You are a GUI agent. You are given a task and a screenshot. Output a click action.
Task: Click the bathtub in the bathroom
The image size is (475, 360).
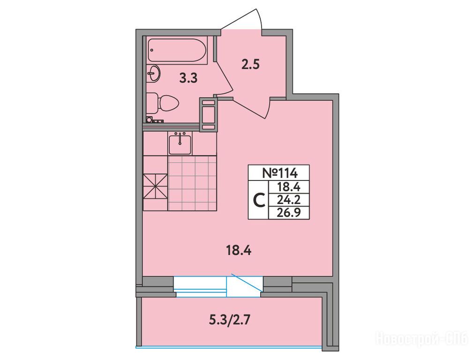pyautogui.click(x=178, y=51)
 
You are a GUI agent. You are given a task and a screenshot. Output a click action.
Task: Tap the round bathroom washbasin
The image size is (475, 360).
pyautogui.click(x=154, y=73)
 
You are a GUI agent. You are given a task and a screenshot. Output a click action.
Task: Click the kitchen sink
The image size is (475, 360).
pyautogui.click(x=180, y=143)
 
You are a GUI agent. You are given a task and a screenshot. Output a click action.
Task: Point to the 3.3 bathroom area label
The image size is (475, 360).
pyautogui.click(x=188, y=78)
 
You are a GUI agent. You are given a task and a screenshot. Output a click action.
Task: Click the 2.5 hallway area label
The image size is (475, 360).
pyautogui.click(x=250, y=65)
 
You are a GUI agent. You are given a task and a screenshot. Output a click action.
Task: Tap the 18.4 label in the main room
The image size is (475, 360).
pyautogui.click(x=239, y=251)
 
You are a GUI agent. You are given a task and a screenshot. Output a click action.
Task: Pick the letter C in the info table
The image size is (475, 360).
pyautogui.click(x=259, y=200)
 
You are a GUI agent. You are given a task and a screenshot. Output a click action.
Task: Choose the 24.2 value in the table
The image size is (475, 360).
pyautogui.click(x=289, y=200)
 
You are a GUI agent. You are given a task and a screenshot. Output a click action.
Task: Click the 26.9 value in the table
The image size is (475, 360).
pyautogui.click(x=289, y=213)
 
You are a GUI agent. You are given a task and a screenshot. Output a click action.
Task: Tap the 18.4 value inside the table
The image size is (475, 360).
pyautogui.click(x=289, y=187)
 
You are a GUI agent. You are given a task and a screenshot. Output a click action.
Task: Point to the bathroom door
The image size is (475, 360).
pyautogui.click(x=224, y=77)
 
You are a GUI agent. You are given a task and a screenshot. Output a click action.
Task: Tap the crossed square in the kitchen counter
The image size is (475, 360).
pyautogui.click(x=155, y=186)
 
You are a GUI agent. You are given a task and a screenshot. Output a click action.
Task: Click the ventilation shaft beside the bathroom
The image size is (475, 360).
pyautogui.click(x=208, y=114)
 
